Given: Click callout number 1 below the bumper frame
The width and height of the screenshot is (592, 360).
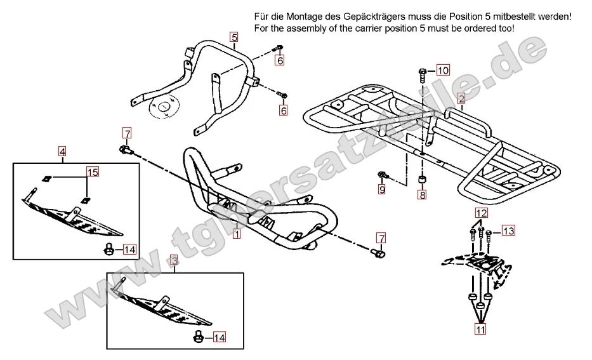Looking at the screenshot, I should point(236,234).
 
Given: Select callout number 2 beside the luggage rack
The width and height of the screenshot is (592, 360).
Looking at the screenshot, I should point(461,98).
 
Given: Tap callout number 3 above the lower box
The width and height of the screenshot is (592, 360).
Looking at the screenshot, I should point(173,260).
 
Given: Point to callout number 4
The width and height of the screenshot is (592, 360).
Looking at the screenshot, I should point(62,151).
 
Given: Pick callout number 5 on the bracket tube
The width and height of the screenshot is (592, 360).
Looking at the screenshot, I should point(234,37).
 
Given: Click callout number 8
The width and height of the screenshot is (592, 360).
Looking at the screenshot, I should point(422,195).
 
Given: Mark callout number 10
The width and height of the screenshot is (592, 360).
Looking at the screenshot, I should point(442,70).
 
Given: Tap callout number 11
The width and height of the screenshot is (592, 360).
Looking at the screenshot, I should point(480,329).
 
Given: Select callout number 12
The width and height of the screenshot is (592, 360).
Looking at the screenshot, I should point(482,213).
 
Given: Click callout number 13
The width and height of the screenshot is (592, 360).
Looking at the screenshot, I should point(508,230).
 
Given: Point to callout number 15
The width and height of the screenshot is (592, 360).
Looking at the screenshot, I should point(93,172).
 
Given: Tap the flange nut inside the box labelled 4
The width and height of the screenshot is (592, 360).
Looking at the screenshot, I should point(109,250).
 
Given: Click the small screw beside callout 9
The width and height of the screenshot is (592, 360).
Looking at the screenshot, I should point(381,173).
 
